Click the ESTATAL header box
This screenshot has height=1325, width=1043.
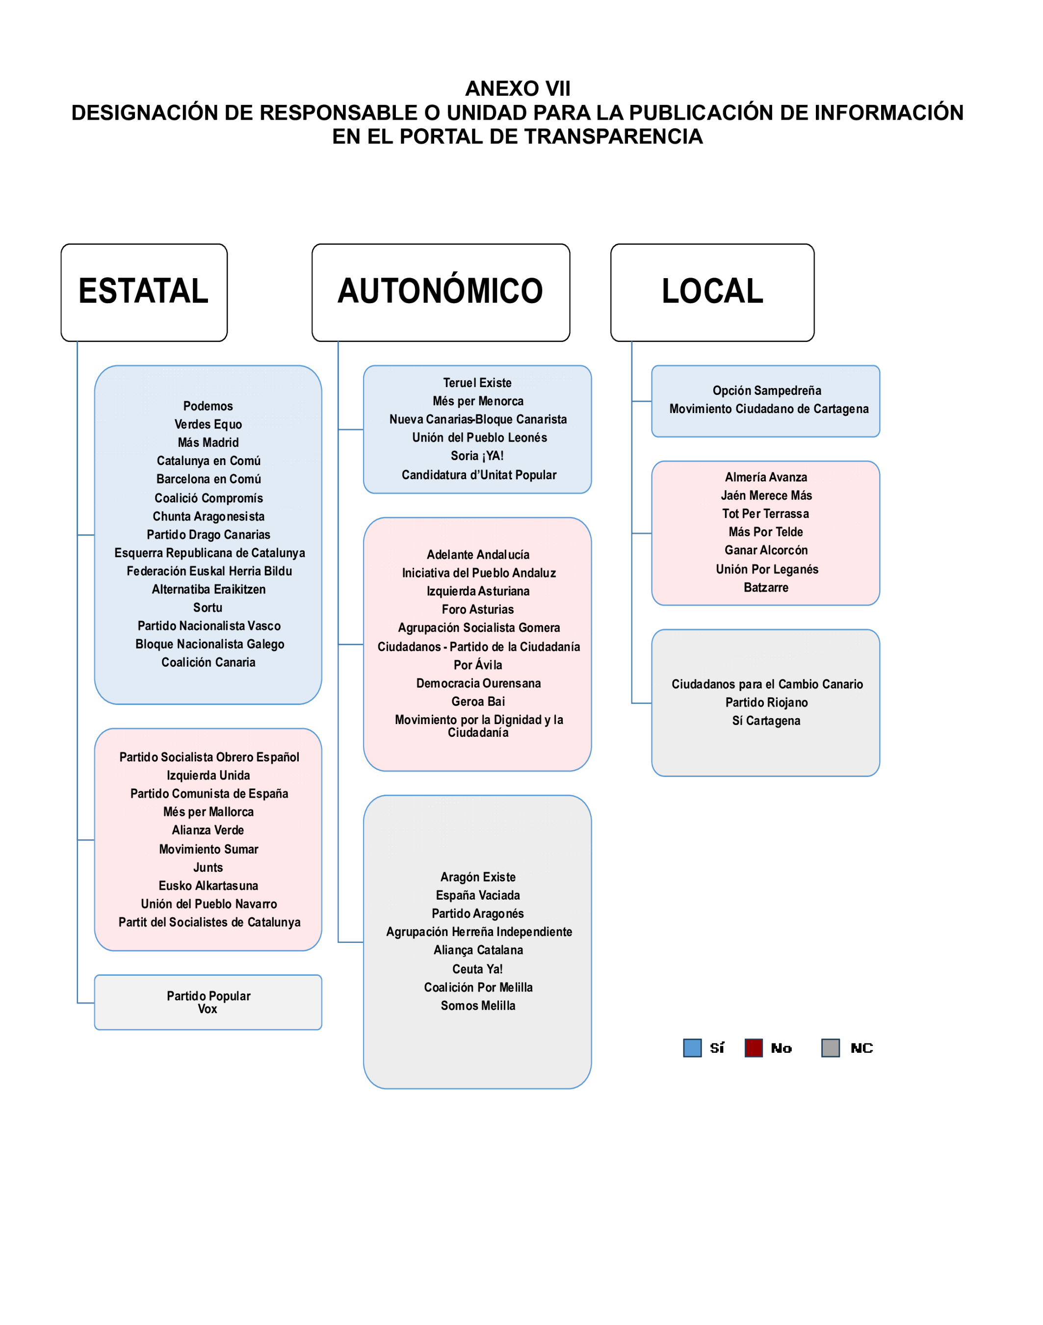144,292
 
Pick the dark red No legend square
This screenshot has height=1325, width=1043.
754,1048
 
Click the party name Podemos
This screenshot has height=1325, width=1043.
208,406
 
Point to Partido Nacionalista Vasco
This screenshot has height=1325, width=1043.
209,626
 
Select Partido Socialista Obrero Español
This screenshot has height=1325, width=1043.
209,757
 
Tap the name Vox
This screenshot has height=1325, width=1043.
208,1009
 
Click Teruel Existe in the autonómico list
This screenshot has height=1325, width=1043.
477,383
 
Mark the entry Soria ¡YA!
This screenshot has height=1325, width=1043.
477,456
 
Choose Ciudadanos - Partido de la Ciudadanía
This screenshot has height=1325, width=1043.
478,647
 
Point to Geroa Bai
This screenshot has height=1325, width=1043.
478,701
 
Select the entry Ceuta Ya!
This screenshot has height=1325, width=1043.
477,969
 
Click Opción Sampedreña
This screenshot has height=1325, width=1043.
766,391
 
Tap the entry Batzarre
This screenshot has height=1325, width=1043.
766,587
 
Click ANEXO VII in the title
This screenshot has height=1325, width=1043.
518,88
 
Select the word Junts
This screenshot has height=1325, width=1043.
208,868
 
